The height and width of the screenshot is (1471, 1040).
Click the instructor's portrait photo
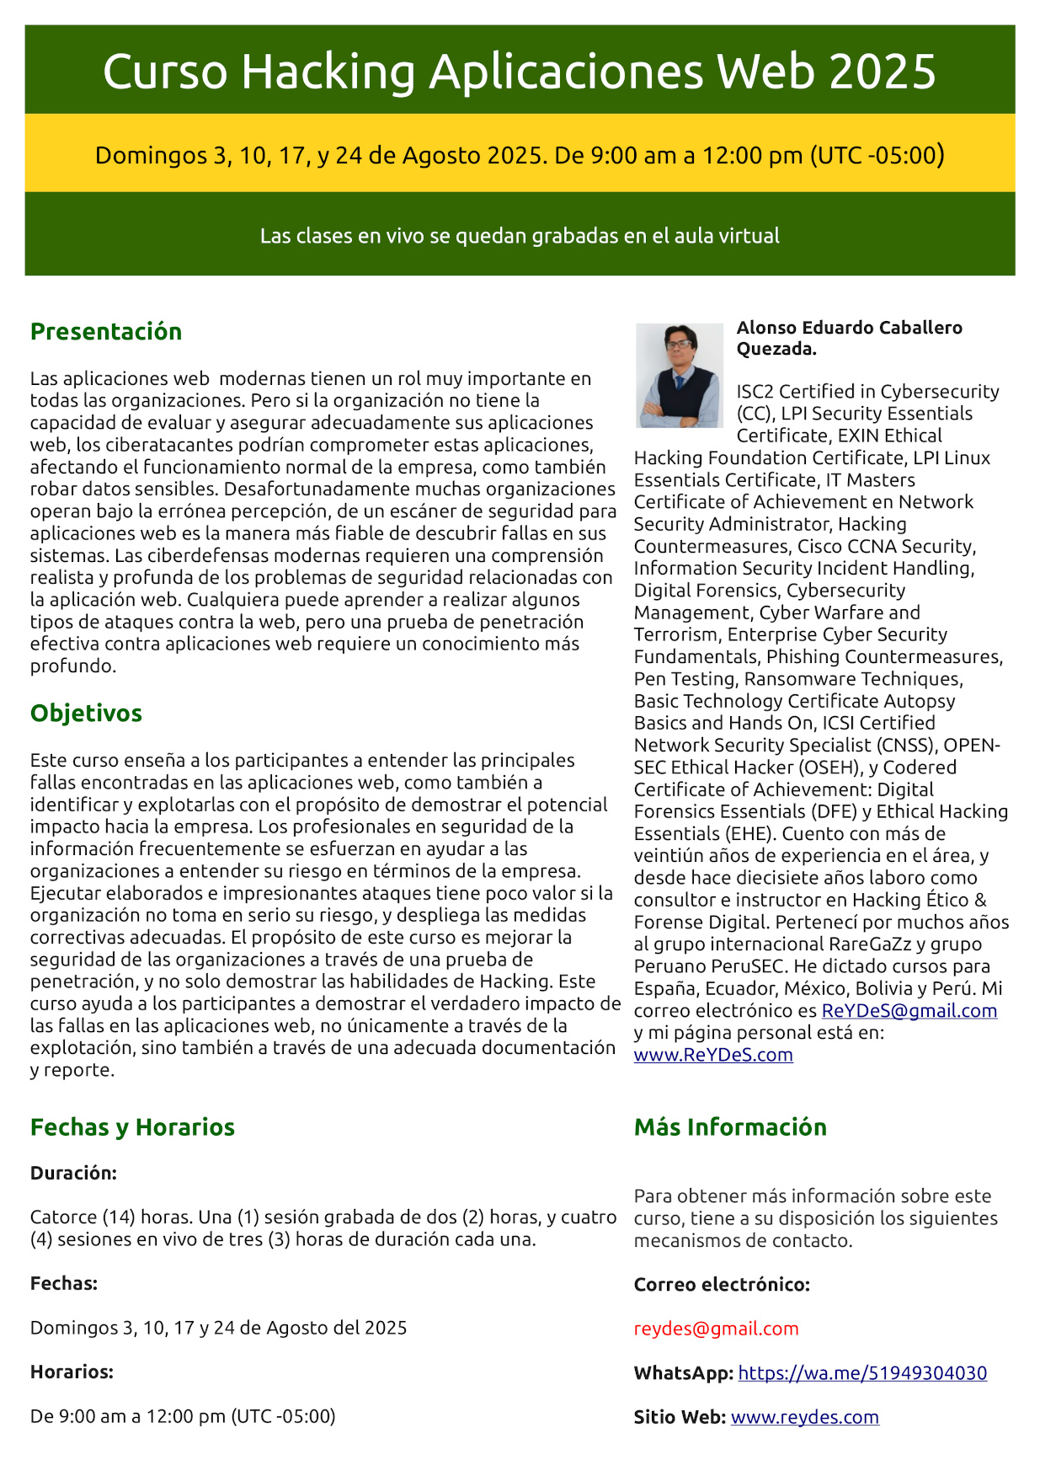point(679,375)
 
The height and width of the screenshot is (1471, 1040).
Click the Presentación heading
point(106,331)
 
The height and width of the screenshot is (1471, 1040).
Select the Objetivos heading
point(86,713)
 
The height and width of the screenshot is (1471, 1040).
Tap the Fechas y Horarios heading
point(132,1126)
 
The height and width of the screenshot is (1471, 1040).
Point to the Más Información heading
point(730,1126)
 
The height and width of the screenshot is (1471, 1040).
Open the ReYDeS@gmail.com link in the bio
point(909,1010)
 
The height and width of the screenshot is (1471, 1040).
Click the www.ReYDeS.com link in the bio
point(713,1055)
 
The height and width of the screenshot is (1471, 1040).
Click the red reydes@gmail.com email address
point(716,1329)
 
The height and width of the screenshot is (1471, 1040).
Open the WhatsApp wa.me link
point(862,1372)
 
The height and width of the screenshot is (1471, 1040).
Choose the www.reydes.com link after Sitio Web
point(804,1417)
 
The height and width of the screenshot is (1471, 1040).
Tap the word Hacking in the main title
point(328,72)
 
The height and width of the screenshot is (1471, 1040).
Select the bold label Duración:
point(73,1173)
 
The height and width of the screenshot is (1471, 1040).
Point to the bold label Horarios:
point(72,1372)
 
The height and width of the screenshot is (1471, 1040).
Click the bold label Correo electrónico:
point(722,1284)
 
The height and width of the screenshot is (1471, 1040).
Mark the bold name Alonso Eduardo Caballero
point(849,328)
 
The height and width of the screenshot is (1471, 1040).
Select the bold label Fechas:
point(64,1283)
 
